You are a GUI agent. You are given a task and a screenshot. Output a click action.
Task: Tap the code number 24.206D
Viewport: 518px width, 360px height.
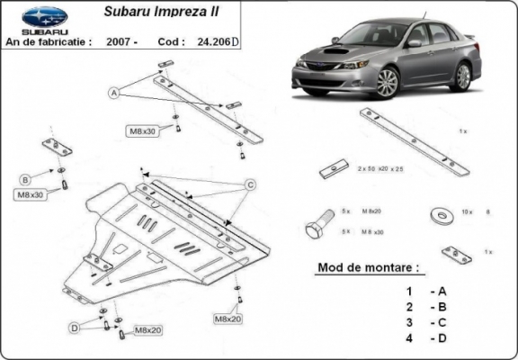[218, 40]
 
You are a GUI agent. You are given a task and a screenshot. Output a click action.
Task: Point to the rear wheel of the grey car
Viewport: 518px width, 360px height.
[462, 76]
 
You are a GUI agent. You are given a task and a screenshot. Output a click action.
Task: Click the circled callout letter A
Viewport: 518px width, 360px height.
[114, 93]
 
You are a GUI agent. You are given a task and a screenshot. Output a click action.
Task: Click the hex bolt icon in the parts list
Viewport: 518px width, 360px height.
[317, 226]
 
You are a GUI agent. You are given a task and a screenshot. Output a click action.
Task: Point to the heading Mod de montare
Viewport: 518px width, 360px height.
[368, 268]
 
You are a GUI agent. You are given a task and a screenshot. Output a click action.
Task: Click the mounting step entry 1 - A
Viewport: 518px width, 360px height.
[426, 291]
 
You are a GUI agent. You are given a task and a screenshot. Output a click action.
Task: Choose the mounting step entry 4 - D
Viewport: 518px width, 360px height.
[426, 337]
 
